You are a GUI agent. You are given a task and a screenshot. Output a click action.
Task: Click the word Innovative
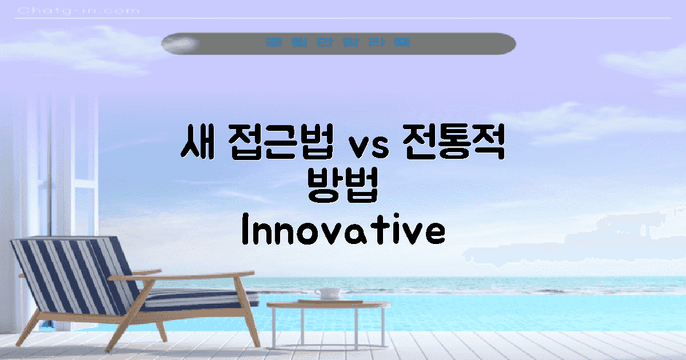(342, 232)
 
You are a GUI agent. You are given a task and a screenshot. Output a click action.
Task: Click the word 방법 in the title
(342, 189)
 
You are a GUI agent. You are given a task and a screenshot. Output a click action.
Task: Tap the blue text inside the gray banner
(338, 43)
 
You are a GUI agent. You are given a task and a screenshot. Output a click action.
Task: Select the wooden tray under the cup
(330, 301)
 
